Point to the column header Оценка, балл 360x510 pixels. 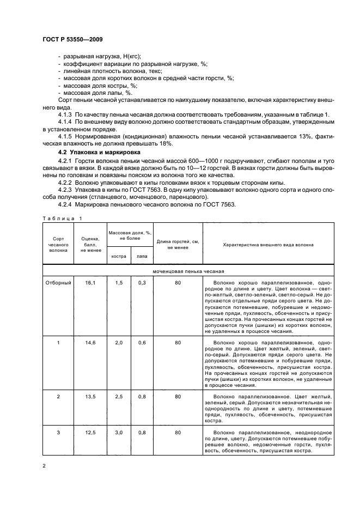pos(90,244)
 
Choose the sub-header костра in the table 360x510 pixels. pos(119,256)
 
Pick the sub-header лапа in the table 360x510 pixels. pos(142,256)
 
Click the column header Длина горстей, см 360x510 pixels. pos(178,244)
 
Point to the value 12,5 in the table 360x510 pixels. pos(90,432)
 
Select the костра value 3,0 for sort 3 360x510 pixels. pos(119,432)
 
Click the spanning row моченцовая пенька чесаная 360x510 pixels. pos(189,270)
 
